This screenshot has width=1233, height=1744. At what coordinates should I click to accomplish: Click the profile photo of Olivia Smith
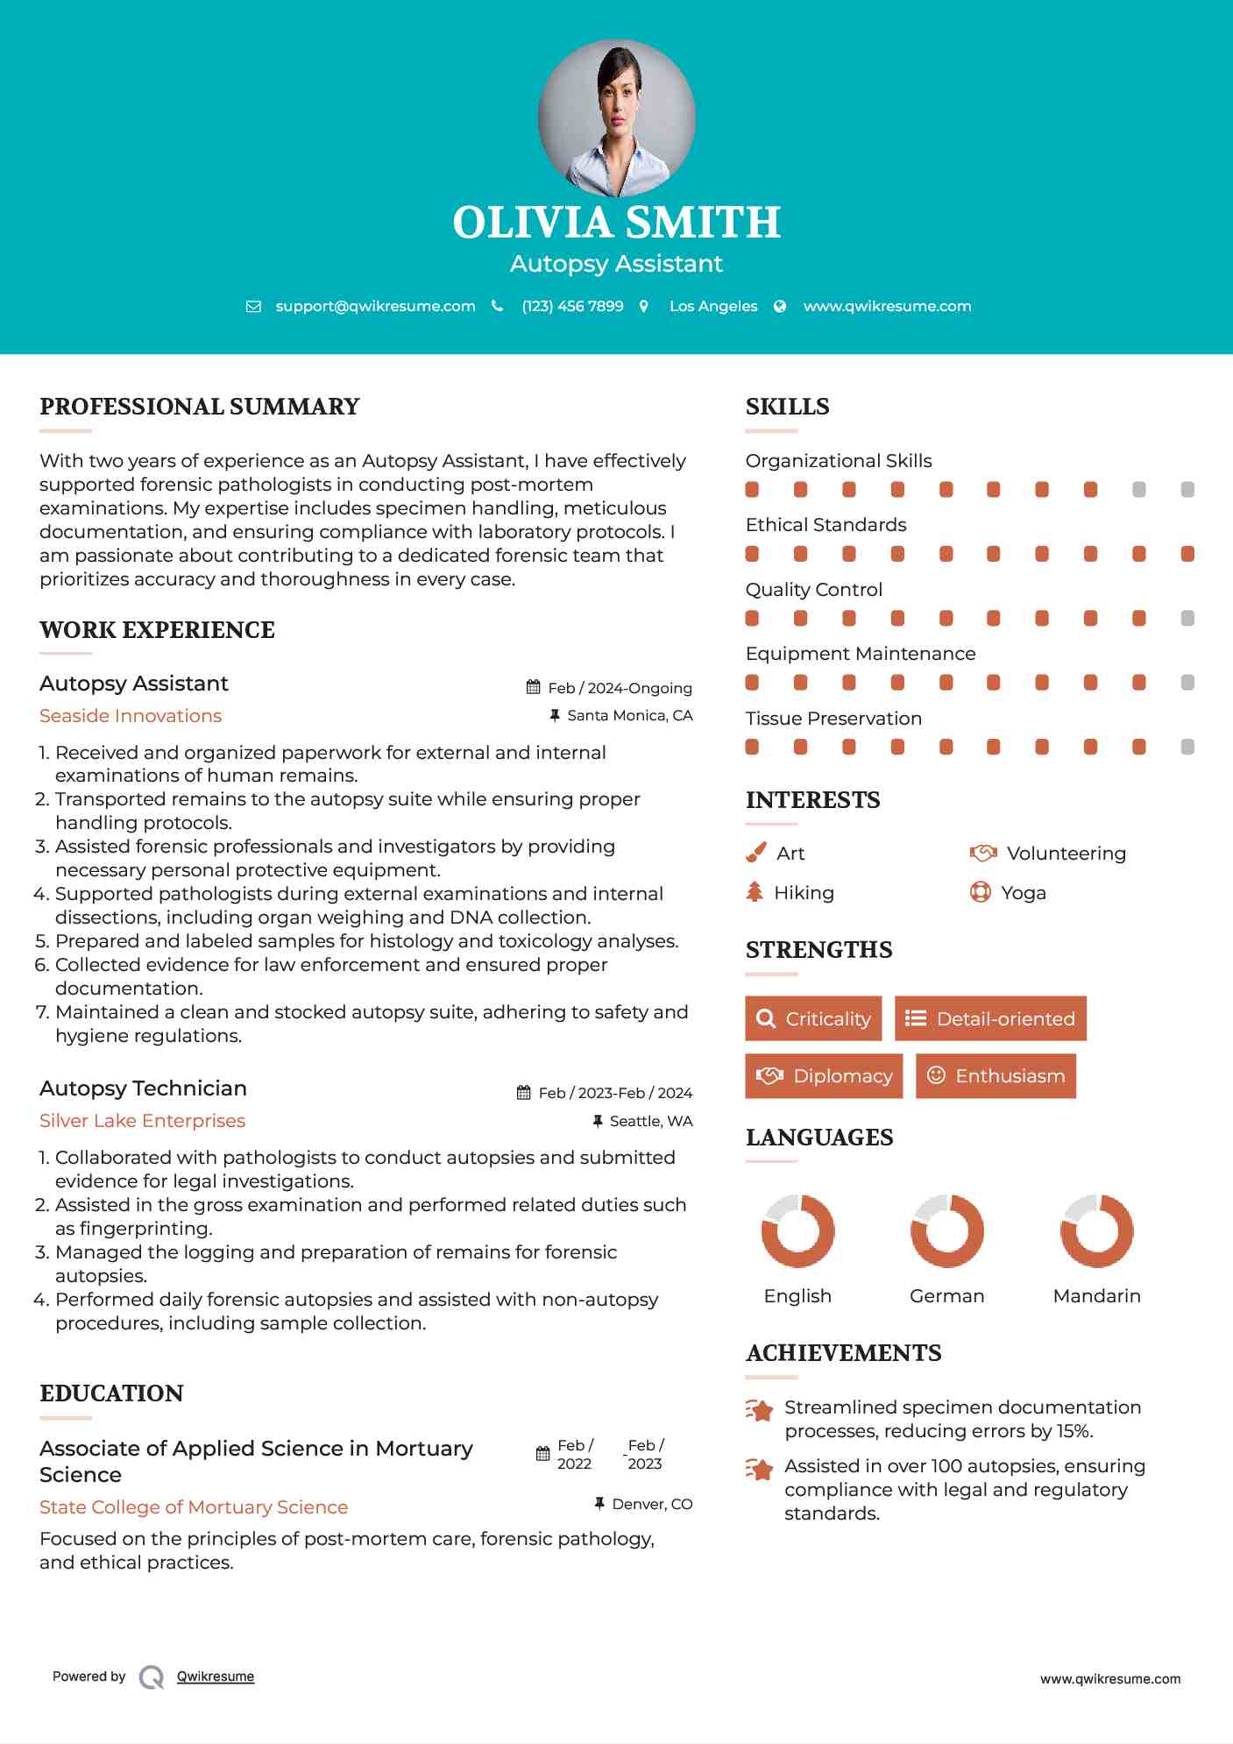click(617, 117)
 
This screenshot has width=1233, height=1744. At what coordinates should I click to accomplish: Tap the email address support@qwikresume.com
click(375, 306)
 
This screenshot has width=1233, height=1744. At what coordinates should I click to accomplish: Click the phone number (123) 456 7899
click(572, 306)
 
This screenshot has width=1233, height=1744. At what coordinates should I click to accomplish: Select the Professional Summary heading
click(200, 407)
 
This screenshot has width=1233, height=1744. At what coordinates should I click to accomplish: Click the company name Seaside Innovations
click(131, 716)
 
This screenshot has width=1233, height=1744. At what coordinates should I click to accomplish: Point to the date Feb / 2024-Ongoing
click(620, 688)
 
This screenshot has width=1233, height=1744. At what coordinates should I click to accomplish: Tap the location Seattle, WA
click(650, 1121)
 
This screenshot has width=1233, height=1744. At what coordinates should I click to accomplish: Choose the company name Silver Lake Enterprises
click(142, 1121)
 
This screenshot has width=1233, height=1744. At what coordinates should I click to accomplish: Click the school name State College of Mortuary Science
click(194, 1507)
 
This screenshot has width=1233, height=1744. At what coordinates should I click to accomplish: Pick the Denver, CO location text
click(652, 1504)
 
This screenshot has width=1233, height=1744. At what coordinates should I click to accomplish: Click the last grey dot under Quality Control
click(1187, 618)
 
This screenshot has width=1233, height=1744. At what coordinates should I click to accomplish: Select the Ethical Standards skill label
click(826, 525)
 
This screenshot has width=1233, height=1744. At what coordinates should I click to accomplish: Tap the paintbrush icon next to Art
click(755, 853)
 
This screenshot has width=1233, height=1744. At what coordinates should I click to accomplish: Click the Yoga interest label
click(1023, 893)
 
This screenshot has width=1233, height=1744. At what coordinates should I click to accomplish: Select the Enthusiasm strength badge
click(996, 1075)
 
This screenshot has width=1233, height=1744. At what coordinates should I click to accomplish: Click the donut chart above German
click(946, 1230)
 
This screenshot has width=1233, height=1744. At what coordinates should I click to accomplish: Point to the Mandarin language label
click(1096, 1295)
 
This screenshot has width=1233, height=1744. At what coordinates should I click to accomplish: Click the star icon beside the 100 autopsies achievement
click(759, 1469)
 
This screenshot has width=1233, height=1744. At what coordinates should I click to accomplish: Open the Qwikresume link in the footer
click(216, 1677)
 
